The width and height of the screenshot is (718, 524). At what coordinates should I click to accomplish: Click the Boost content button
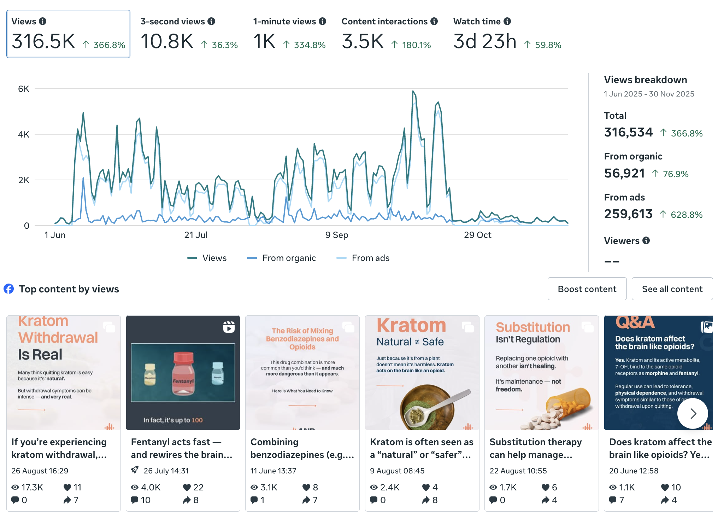tap(587, 289)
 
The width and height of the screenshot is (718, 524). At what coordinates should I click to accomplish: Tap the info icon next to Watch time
tap(507, 21)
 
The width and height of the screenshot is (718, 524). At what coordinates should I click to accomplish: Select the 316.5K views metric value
tap(43, 41)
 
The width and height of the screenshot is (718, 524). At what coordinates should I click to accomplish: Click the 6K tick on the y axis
tap(24, 89)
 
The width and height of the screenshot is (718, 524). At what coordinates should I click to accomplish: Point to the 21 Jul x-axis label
tap(196, 235)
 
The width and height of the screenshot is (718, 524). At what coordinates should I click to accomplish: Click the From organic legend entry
tap(282, 258)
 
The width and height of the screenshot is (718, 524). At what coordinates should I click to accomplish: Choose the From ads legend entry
tap(363, 258)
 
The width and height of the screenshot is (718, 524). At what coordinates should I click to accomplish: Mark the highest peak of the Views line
tap(413, 91)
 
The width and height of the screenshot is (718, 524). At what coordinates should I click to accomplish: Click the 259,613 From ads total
tap(628, 214)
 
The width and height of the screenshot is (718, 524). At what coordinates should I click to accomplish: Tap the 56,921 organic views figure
tap(624, 173)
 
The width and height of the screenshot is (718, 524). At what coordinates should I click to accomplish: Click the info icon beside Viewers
tap(646, 241)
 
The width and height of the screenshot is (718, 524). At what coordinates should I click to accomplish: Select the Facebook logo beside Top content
tap(9, 289)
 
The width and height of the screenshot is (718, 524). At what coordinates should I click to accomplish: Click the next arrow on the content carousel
tap(693, 413)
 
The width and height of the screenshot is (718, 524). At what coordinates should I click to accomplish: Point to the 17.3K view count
tap(32, 488)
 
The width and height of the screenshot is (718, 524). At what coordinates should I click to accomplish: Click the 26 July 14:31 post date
tap(166, 471)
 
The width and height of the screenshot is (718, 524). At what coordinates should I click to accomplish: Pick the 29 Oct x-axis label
tap(477, 235)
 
